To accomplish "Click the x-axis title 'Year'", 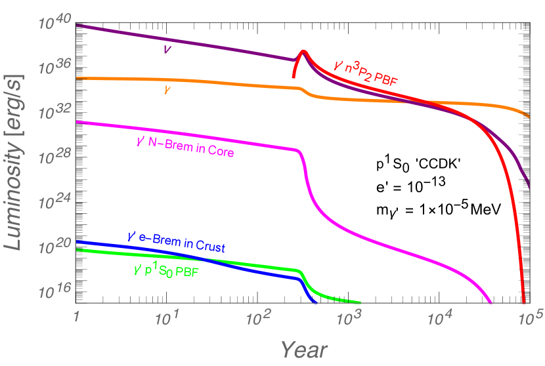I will pyautogui.click(x=305, y=350).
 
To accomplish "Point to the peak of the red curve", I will pyautogui.click(x=303, y=51).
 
